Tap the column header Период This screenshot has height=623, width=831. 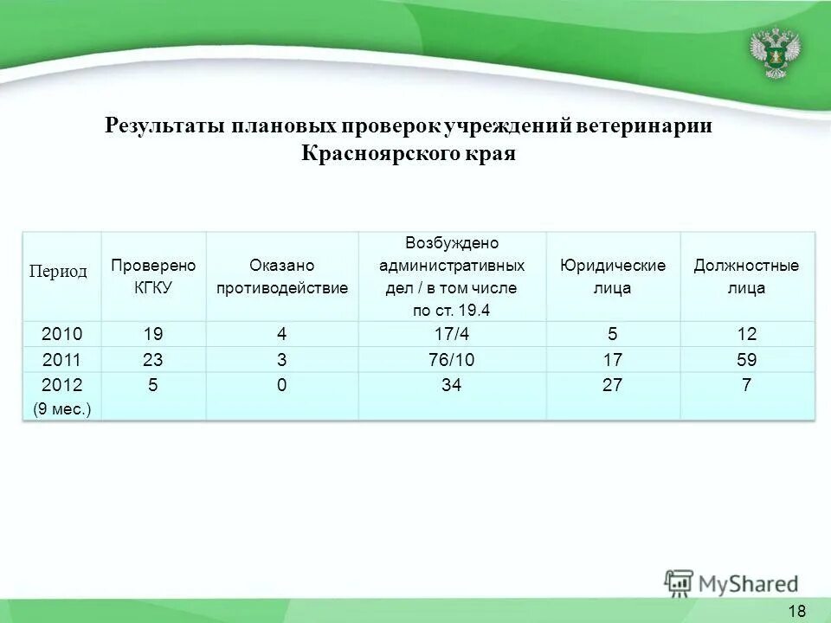(x=59, y=272)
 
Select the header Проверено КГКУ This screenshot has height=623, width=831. (x=153, y=277)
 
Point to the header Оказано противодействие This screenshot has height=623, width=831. (x=281, y=277)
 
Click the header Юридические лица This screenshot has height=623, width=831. (x=613, y=277)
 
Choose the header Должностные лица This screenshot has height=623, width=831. (x=746, y=277)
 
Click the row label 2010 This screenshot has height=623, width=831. (x=62, y=334)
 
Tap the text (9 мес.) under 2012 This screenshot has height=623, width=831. (x=61, y=410)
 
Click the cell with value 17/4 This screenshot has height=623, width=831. (x=451, y=334)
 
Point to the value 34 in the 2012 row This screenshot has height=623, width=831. (x=451, y=386)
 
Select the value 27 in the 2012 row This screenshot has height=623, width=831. (x=613, y=386)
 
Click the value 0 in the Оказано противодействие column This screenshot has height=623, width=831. (x=281, y=386)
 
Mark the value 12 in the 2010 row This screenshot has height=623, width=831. (x=746, y=334)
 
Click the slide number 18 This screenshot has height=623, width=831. (x=797, y=611)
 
